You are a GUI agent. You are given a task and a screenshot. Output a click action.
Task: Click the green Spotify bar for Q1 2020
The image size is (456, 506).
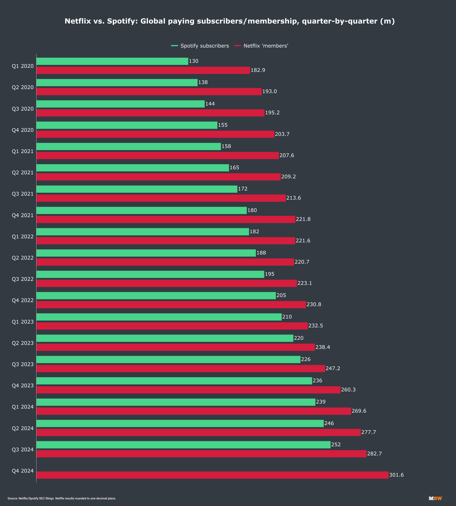point(112,61)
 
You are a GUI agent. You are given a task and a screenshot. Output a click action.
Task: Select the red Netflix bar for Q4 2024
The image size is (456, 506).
point(212,475)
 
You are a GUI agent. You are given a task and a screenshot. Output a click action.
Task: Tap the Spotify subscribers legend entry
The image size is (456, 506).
point(200,46)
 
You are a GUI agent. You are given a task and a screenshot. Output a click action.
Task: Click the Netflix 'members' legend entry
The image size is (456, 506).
point(261,46)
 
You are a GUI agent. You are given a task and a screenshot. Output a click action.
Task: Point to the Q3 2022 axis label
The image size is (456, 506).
point(23,279)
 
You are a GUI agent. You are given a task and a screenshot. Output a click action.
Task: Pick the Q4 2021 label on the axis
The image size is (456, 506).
point(23,215)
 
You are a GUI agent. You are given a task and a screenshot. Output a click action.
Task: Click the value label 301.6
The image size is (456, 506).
point(396,475)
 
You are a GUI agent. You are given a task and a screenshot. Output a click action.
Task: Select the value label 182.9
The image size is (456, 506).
point(258,70)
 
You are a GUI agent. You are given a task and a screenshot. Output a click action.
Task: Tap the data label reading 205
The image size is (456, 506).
point(281,295)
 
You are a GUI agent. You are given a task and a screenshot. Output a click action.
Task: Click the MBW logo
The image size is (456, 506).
point(435,498)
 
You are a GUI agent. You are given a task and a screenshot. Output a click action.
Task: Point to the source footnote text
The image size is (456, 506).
point(62,498)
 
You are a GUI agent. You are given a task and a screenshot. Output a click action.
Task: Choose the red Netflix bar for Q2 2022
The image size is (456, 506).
point(165,262)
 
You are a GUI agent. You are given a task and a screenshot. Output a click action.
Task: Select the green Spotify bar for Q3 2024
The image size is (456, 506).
point(183,445)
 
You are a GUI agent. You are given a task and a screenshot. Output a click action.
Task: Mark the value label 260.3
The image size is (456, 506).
point(348,390)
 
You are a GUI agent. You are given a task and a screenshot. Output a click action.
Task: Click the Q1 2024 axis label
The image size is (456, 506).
point(23,407)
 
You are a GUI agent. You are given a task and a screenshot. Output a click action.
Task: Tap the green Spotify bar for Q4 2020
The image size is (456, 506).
point(127,125)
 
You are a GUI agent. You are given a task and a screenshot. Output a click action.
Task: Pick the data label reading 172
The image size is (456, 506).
point(243,189)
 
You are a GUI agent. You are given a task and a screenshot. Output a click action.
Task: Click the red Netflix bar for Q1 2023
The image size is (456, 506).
point(172,326)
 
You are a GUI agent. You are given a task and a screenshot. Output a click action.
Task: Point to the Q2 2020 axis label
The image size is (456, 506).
point(23,87)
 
